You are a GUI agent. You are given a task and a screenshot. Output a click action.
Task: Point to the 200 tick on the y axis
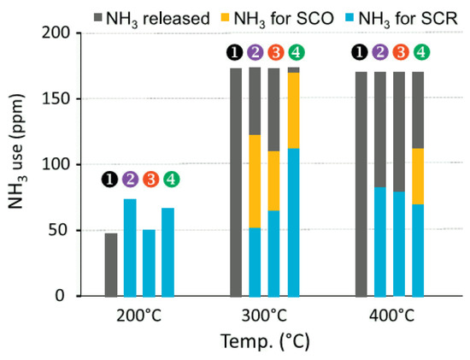click(x=62, y=33)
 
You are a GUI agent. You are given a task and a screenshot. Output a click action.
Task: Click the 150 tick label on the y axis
click(x=62, y=99)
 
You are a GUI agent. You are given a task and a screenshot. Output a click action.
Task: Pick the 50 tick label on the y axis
click(x=66, y=231)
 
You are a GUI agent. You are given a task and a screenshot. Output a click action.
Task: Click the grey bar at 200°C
click(x=111, y=264)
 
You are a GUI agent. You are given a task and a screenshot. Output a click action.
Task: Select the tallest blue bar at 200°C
click(x=130, y=247)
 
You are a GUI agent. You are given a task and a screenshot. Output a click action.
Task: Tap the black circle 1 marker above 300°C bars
click(x=236, y=53)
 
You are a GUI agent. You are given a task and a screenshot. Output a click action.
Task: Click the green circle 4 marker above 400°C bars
click(x=420, y=53)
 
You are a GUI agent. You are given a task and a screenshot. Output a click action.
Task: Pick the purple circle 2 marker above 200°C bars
click(x=130, y=180)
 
